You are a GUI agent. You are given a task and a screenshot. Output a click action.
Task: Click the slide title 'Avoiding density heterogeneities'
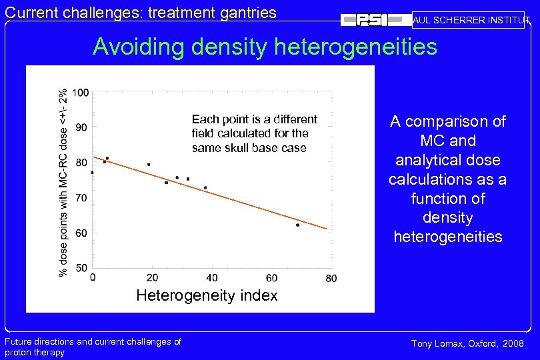pos(265,47)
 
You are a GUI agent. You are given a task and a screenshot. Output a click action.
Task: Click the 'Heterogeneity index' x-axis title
pos(207,295)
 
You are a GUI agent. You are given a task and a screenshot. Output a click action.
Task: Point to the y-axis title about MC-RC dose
pos(63,183)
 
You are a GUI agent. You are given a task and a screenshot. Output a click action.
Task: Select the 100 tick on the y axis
pos(81,93)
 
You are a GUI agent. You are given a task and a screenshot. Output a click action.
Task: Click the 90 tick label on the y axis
pos(81,126)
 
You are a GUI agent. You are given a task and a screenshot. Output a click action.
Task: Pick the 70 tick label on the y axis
pos(81,198)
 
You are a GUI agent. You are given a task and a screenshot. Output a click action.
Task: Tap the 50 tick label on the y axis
pos(81,267)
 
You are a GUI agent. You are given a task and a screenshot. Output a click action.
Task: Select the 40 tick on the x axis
pos(211,277)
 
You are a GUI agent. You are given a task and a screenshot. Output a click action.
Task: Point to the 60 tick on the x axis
pos(271,277)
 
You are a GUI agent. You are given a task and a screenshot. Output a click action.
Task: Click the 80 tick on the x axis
pos(331,277)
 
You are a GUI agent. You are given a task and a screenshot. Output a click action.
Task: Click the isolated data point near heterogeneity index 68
pos(297,225)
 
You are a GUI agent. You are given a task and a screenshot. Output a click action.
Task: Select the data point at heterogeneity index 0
pos(92,173)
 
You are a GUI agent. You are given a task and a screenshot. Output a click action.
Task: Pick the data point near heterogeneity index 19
pos(149,164)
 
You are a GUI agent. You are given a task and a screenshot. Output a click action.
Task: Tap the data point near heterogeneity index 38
pos(205,188)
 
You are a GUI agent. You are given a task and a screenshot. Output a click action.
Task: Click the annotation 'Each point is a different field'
pos(254,119)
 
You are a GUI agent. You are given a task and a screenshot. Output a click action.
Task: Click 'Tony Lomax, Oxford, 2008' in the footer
pos(467,343)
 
